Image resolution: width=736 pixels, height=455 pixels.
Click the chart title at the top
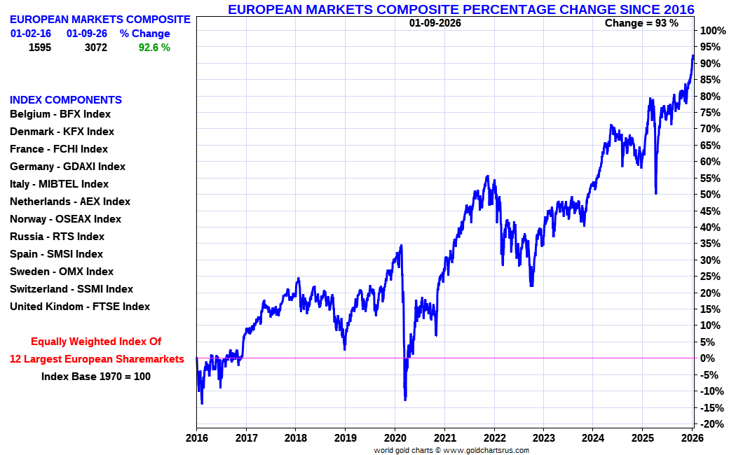click(x=461, y=9)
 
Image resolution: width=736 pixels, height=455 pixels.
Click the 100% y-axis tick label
click(x=712, y=31)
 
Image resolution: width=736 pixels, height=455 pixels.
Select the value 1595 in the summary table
click(x=40, y=48)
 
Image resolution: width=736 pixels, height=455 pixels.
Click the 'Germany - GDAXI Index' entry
click(x=67, y=167)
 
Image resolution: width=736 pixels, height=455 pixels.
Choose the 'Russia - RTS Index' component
click(x=57, y=237)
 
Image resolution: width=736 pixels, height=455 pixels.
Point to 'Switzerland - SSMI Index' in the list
click(x=71, y=289)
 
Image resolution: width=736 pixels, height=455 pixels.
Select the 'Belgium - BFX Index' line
click(x=60, y=114)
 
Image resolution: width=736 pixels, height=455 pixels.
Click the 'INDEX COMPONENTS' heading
click(x=65, y=100)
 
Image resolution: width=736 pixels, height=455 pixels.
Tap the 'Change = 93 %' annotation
click(x=641, y=23)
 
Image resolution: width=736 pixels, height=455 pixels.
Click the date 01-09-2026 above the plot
click(x=435, y=23)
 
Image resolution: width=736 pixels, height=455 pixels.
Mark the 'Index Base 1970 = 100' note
click(x=96, y=377)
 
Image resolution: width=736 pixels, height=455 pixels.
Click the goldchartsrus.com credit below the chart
click(x=452, y=450)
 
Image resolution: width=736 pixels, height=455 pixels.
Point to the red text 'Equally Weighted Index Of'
click(x=96, y=342)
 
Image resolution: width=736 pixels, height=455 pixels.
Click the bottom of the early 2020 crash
click(x=405, y=400)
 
